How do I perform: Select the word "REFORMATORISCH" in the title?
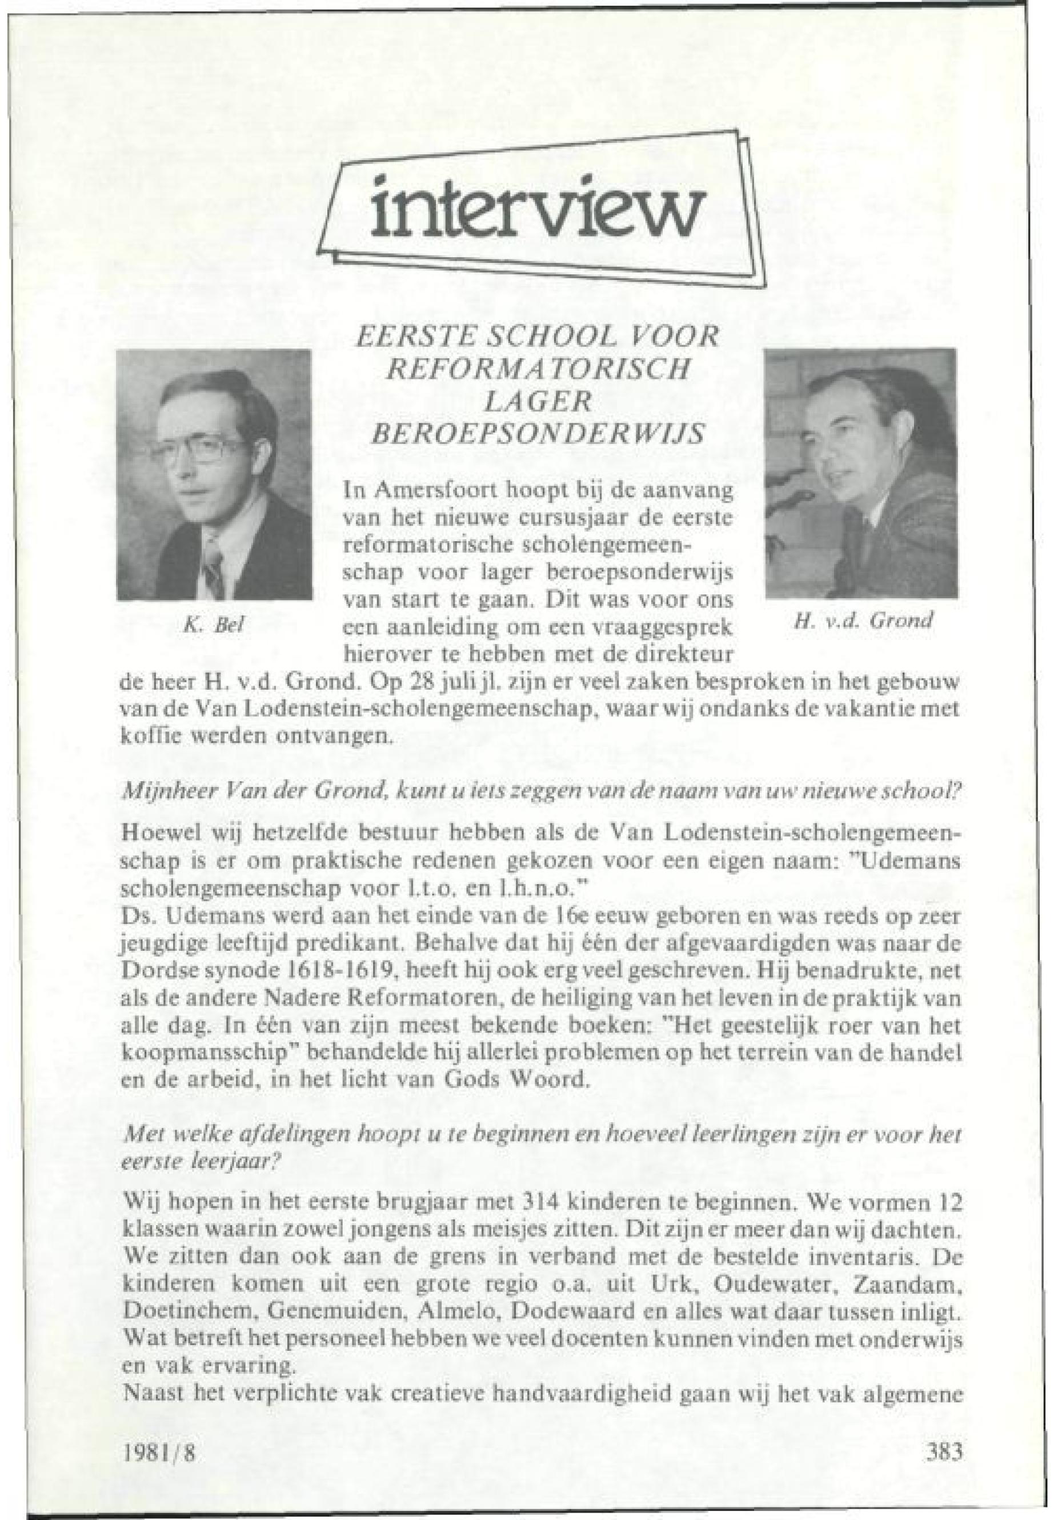[x=537, y=368]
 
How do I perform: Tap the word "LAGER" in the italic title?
[x=536, y=402]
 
